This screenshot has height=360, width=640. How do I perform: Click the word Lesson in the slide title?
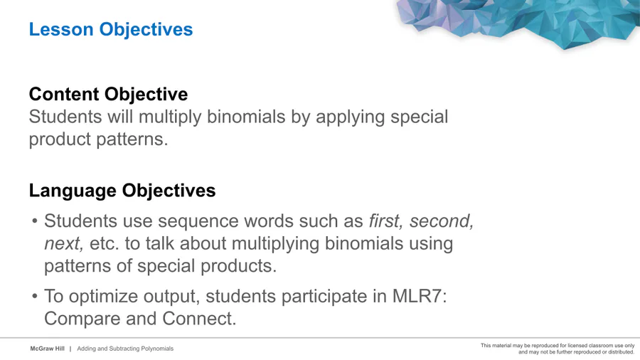pos(61,29)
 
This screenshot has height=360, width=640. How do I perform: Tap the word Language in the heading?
pos(73,191)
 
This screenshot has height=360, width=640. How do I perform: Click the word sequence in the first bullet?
pos(199,222)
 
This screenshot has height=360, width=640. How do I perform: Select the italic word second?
pos(442,221)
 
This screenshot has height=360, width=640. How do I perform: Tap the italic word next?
pos(64,243)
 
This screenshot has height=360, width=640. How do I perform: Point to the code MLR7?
pos(420,297)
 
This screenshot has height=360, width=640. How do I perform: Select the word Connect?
pos(199,319)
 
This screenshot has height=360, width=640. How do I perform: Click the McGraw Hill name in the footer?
pos(48,349)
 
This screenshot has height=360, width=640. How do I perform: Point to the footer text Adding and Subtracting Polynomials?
pos(125,349)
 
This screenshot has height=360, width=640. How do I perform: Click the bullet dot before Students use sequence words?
pos(35,221)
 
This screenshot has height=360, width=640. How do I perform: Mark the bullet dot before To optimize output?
pos(35,297)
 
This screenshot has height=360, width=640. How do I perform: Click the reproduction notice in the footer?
pos(558,349)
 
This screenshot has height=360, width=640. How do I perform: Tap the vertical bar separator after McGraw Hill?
pos(70,349)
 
